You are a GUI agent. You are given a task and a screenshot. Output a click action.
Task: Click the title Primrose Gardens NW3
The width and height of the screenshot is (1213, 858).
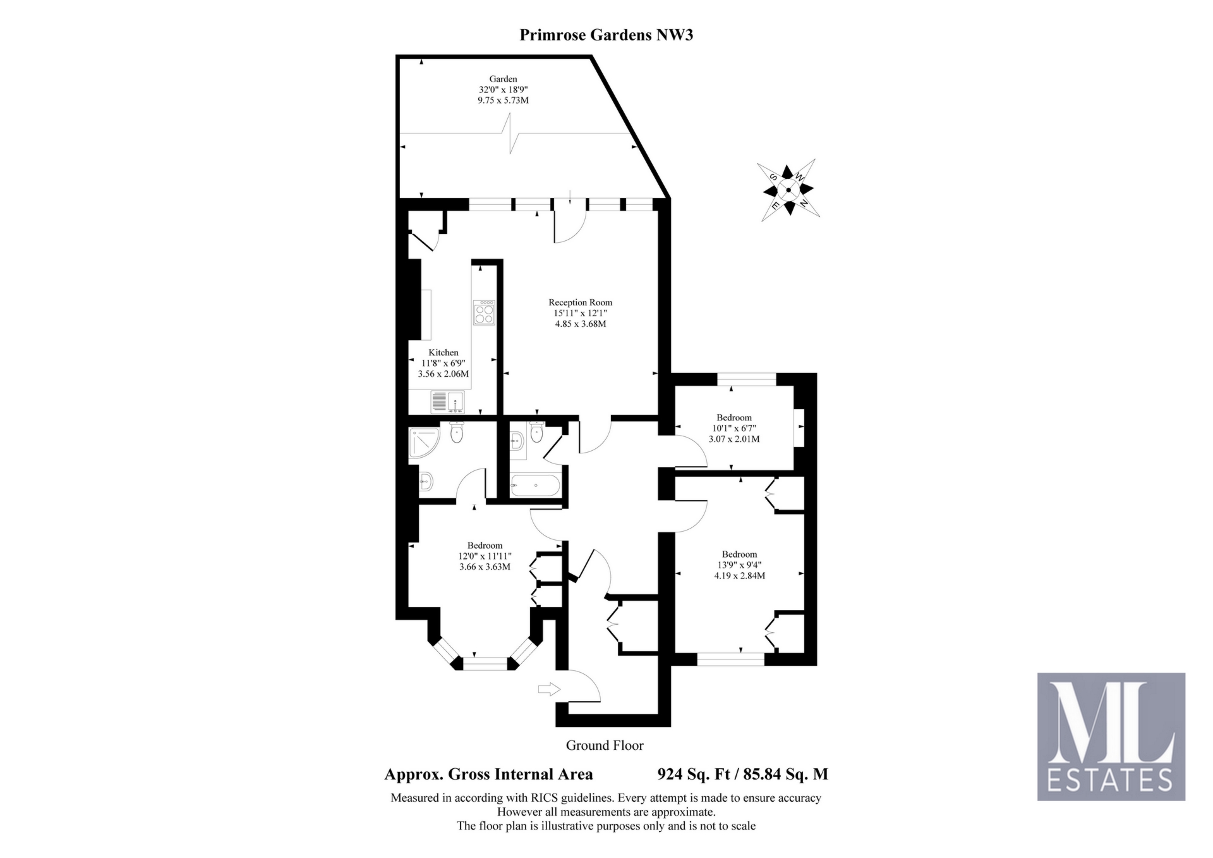coord(606,35)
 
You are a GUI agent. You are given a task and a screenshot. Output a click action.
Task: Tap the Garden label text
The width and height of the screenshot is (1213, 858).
coord(503,79)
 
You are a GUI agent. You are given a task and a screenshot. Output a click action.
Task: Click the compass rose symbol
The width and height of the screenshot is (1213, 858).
coord(788,189)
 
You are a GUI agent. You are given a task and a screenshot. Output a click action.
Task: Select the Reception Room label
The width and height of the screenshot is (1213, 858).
coord(580,302)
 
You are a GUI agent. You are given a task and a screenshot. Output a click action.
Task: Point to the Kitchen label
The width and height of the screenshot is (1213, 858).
coord(444,352)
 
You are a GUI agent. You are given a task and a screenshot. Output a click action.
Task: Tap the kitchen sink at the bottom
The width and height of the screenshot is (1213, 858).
coord(447,401)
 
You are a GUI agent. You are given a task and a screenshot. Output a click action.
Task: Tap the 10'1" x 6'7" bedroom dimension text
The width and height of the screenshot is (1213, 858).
coord(734,428)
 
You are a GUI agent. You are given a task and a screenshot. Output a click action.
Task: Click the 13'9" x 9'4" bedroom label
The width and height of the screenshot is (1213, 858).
coord(739,565)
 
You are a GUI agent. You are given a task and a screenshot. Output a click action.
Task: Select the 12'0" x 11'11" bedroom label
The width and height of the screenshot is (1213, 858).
coord(485,556)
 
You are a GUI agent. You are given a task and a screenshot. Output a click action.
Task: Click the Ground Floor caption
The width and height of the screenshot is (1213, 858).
coord(605,745)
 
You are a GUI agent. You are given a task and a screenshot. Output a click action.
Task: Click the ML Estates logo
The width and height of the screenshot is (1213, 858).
coord(1111,737)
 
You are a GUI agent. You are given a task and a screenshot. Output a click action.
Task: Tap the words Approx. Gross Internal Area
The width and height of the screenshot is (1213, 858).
coord(488,774)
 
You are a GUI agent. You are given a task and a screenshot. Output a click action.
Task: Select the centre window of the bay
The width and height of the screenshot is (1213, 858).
coord(485,663)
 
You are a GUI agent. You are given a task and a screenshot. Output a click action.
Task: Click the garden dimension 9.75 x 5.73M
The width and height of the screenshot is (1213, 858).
coord(503,101)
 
